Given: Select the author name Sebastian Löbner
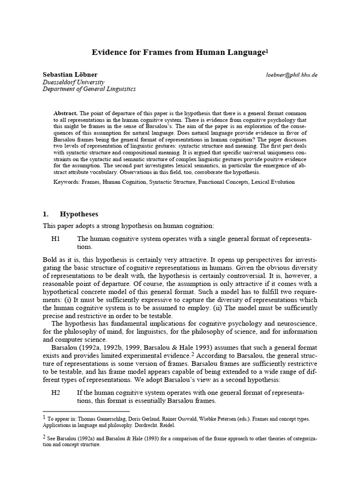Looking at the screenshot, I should (x=70, y=75).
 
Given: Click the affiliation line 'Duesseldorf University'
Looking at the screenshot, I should (x=73, y=82).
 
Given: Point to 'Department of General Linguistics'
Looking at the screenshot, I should (x=89, y=89).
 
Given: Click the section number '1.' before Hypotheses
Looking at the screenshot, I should (x=46, y=214).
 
